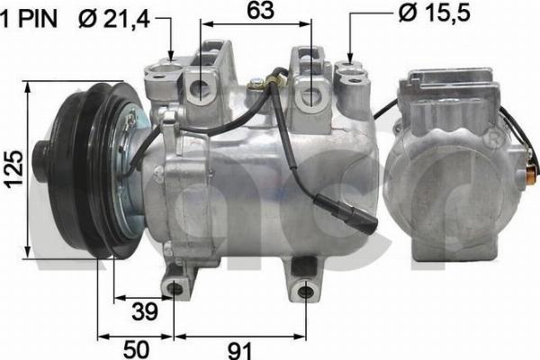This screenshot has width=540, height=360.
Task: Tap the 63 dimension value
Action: pos(261,11)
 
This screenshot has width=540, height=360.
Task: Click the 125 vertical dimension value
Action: pos(13,167)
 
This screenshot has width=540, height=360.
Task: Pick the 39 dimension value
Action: pos(144,310)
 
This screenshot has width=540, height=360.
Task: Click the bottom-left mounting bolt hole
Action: pos(175,288)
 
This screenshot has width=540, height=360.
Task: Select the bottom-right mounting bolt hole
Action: pos(307,288)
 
